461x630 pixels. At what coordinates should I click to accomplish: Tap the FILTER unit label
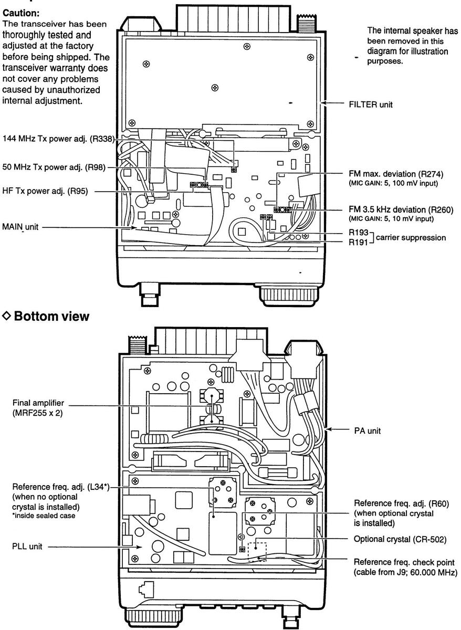click(x=371, y=104)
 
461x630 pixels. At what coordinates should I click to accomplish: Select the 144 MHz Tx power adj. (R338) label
click(x=58, y=140)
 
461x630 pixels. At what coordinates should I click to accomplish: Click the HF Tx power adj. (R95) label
click(x=48, y=192)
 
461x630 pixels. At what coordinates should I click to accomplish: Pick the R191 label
click(x=359, y=242)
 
